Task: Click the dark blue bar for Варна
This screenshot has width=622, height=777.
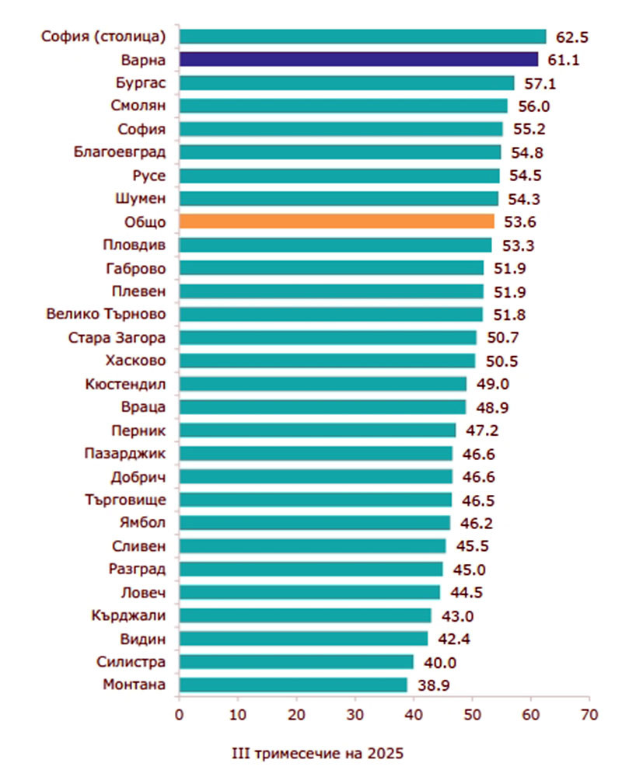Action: click(358, 59)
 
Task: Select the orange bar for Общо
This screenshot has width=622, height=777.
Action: click(336, 222)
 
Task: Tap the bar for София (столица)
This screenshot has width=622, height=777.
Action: click(362, 37)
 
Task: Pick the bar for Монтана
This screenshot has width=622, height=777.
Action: click(293, 685)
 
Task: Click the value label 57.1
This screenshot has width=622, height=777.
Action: click(537, 83)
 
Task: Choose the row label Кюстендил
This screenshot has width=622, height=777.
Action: click(128, 384)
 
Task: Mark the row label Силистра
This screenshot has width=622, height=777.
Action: click(131, 662)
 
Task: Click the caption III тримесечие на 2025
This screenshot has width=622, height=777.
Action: click(319, 753)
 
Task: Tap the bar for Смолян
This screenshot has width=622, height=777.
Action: click(343, 106)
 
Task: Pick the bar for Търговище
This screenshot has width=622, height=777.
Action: click(315, 500)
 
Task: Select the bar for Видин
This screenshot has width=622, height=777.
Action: click(303, 639)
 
